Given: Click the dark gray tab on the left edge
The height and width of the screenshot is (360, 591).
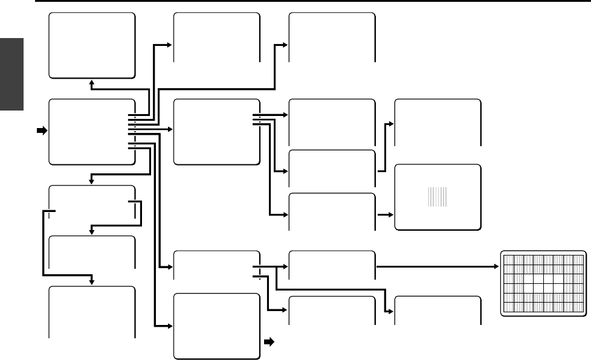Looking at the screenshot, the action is [11, 74].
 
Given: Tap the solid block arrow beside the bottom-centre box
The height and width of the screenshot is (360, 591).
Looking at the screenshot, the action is [269, 341].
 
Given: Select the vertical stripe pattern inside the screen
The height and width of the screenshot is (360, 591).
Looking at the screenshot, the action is [438, 197].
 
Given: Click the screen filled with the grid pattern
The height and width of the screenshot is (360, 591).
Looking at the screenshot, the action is [543, 283].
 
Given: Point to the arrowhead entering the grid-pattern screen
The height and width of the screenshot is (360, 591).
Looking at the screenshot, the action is [497, 265].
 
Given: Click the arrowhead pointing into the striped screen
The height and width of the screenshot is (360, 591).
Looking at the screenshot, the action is [390, 214].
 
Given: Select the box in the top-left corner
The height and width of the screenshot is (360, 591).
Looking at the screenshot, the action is [92, 45].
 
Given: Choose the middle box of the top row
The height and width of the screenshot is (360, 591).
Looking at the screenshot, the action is [216, 37].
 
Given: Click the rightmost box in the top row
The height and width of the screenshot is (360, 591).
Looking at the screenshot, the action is [332, 37].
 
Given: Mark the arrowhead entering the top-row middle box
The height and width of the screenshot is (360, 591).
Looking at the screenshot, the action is [170, 45].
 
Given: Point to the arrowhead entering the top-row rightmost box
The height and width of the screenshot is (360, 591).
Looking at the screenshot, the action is [286, 45].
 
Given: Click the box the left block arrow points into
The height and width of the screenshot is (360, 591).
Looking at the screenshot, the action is [92, 132].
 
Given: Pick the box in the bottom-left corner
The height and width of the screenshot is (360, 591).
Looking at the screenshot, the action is [92, 311].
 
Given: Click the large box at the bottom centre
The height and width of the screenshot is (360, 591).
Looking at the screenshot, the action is [216, 326].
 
